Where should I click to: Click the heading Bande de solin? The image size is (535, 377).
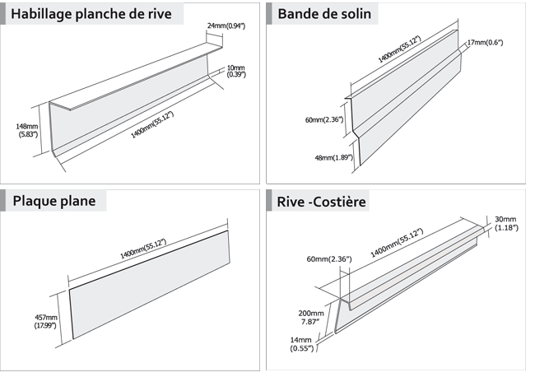click(x=324, y=14)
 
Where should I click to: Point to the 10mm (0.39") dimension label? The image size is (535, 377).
click(x=236, y=72)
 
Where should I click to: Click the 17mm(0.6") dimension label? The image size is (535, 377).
click(x=486, y=42)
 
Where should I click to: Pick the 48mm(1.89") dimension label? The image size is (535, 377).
click(x=334, y=157)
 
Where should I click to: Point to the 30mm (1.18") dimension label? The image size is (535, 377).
click(x=505, y=223)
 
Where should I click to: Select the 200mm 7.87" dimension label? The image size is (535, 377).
click(x=310, y=319)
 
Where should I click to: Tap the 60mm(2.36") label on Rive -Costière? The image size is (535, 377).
click(x=328, y=259)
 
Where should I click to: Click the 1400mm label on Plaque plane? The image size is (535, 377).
click(x=143, y=248)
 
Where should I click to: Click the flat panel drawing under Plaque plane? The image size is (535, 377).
click(x=148, y=284)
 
